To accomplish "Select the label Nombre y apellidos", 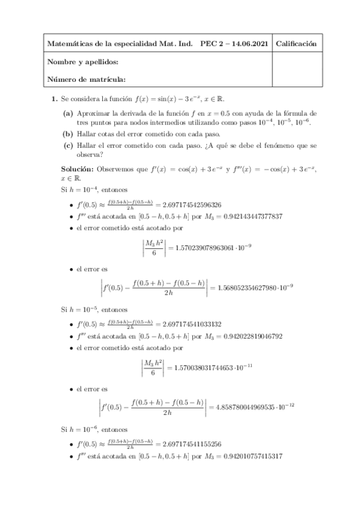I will point(82,62).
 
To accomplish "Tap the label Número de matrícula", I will point(86,79).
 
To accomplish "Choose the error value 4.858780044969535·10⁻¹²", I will point(256,407).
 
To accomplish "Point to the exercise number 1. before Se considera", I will point(54,99).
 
